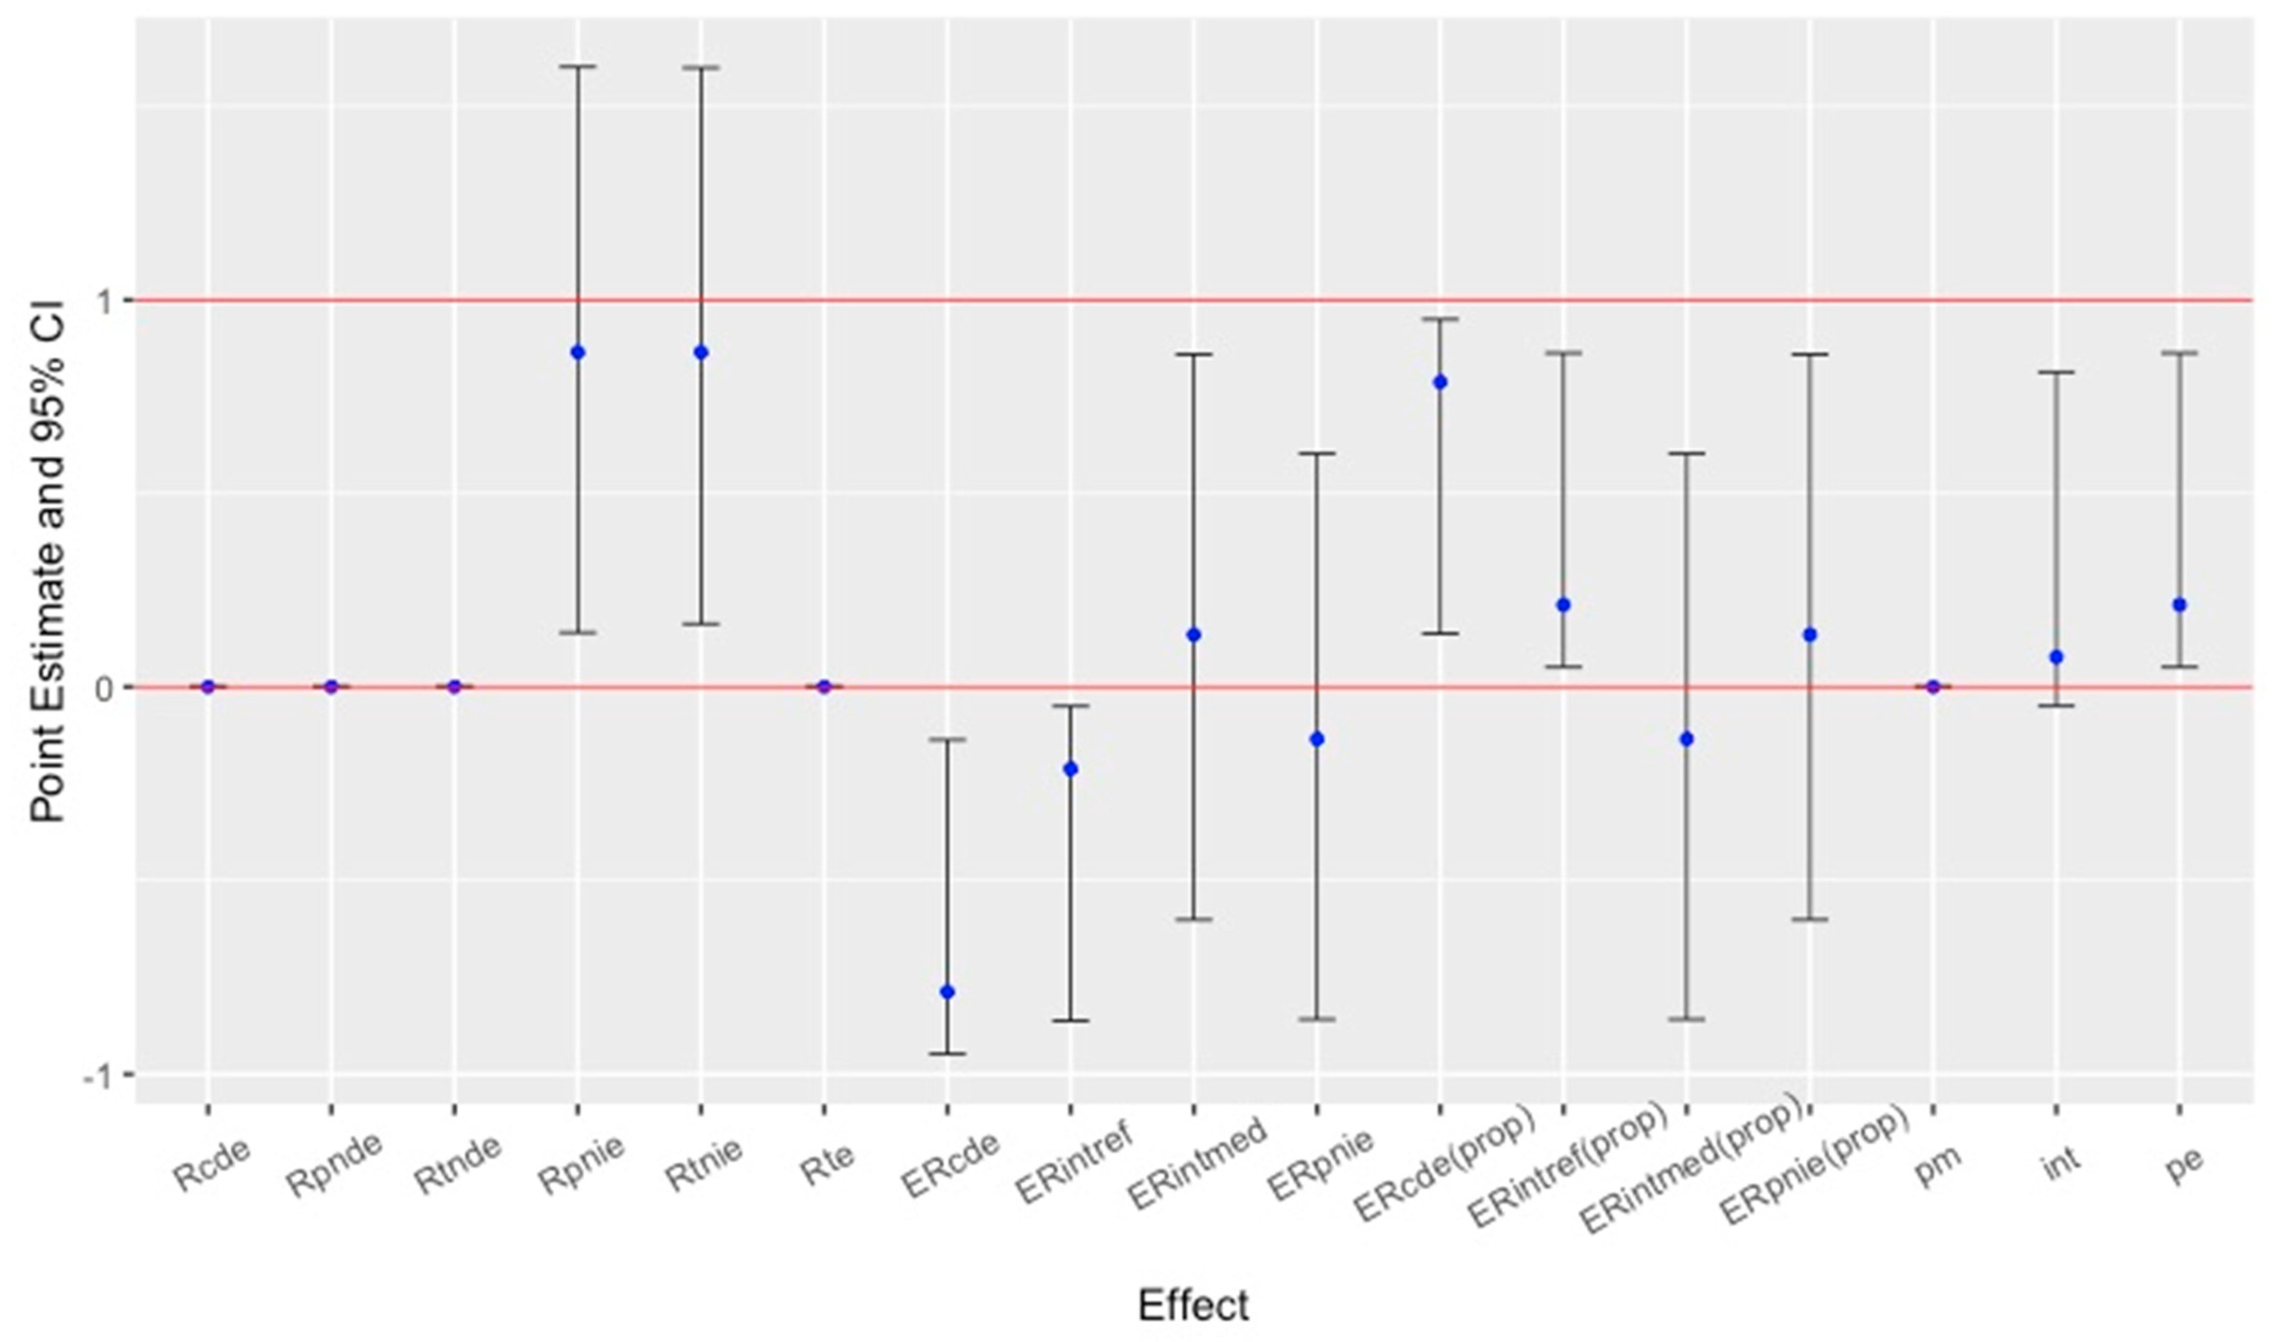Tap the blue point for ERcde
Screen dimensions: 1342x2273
click(948, 992)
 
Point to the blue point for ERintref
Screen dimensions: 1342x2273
click(1070, 769)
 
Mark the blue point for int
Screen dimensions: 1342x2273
click(2056, 657)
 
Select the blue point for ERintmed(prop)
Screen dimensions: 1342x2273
click(1686, 739)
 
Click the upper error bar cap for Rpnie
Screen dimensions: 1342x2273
click(578, 66)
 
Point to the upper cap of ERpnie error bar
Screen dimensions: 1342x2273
click(1317, 453)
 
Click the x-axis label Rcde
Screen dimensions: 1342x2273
click(211, 1167)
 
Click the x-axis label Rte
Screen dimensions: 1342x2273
click(827, 1164)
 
